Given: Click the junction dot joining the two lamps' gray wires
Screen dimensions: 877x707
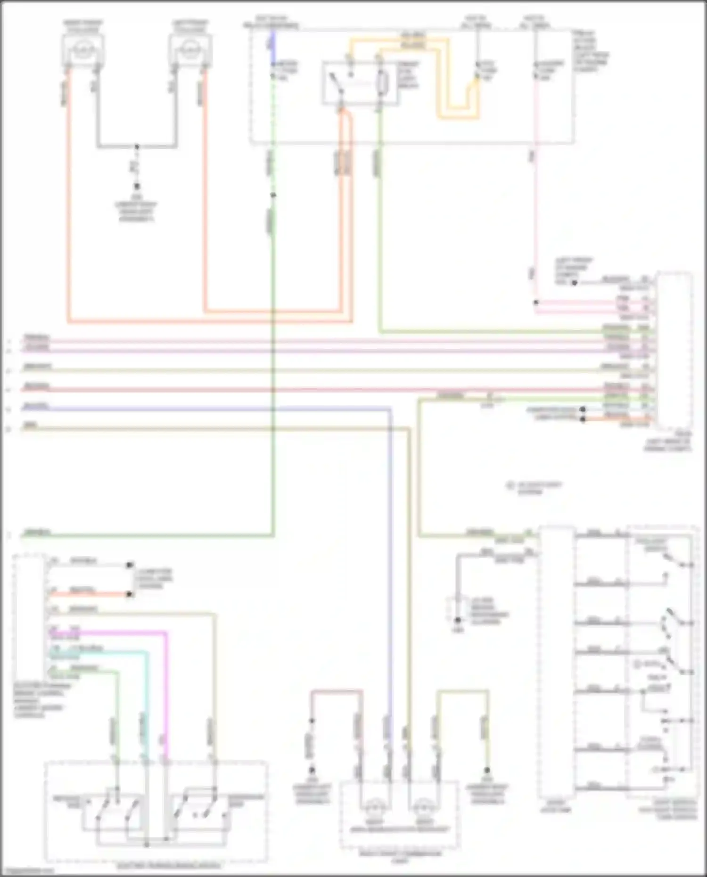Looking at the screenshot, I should click(137, 147).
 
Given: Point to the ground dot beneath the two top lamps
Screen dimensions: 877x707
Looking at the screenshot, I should click(137, 186).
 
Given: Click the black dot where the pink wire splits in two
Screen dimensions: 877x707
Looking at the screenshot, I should click(536, 302).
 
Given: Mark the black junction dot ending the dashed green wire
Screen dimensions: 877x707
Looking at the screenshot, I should click(272, 195).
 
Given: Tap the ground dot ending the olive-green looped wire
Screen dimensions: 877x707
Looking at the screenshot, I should click(487, 770).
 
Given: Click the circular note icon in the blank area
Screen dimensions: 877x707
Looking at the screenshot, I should click(510, 485).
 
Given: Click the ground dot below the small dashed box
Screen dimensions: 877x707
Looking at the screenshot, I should click(458, 621).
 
